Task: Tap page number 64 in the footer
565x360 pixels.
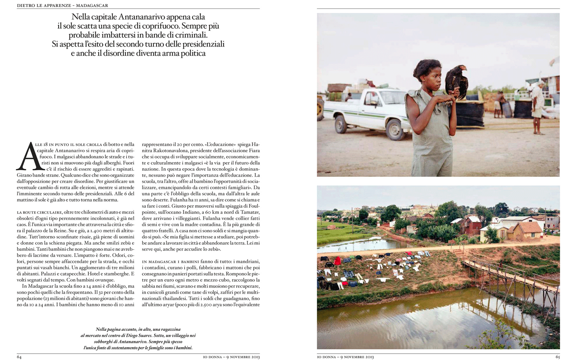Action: point(19,357)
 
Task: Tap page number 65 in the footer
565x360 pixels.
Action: point(557,357)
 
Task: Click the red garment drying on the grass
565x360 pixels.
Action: point(338,261)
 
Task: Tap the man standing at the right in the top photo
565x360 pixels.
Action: point(537,106)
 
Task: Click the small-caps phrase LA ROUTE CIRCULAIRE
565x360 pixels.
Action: point(39,212)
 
